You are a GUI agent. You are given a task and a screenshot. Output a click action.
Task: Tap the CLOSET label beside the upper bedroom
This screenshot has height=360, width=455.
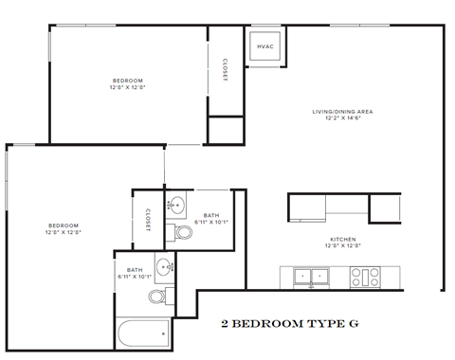coord(225,70)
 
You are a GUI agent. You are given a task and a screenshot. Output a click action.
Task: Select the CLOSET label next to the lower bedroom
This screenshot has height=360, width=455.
coord(149,220)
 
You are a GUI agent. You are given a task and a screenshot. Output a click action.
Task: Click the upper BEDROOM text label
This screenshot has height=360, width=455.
coord(127,81)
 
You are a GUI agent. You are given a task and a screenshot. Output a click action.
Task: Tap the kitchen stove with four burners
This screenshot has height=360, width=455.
coord(365,278)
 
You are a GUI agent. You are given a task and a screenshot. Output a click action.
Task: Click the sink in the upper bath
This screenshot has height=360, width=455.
coord(176,202)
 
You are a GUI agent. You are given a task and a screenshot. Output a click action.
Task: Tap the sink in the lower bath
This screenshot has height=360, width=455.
coord(163,266)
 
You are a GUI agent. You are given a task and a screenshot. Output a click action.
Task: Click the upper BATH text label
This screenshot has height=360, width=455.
coord(210,216)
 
